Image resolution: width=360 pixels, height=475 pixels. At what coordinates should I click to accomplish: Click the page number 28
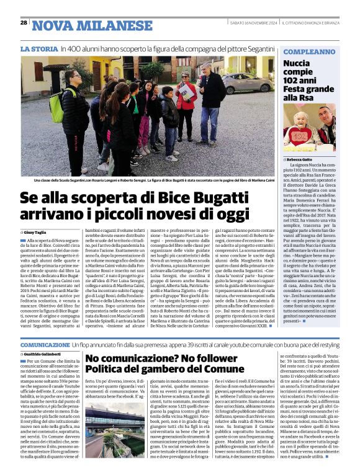[24, 22]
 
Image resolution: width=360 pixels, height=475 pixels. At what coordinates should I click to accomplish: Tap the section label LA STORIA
[39, 48]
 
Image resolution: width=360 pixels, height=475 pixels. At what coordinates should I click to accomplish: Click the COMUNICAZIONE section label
[45, 344]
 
